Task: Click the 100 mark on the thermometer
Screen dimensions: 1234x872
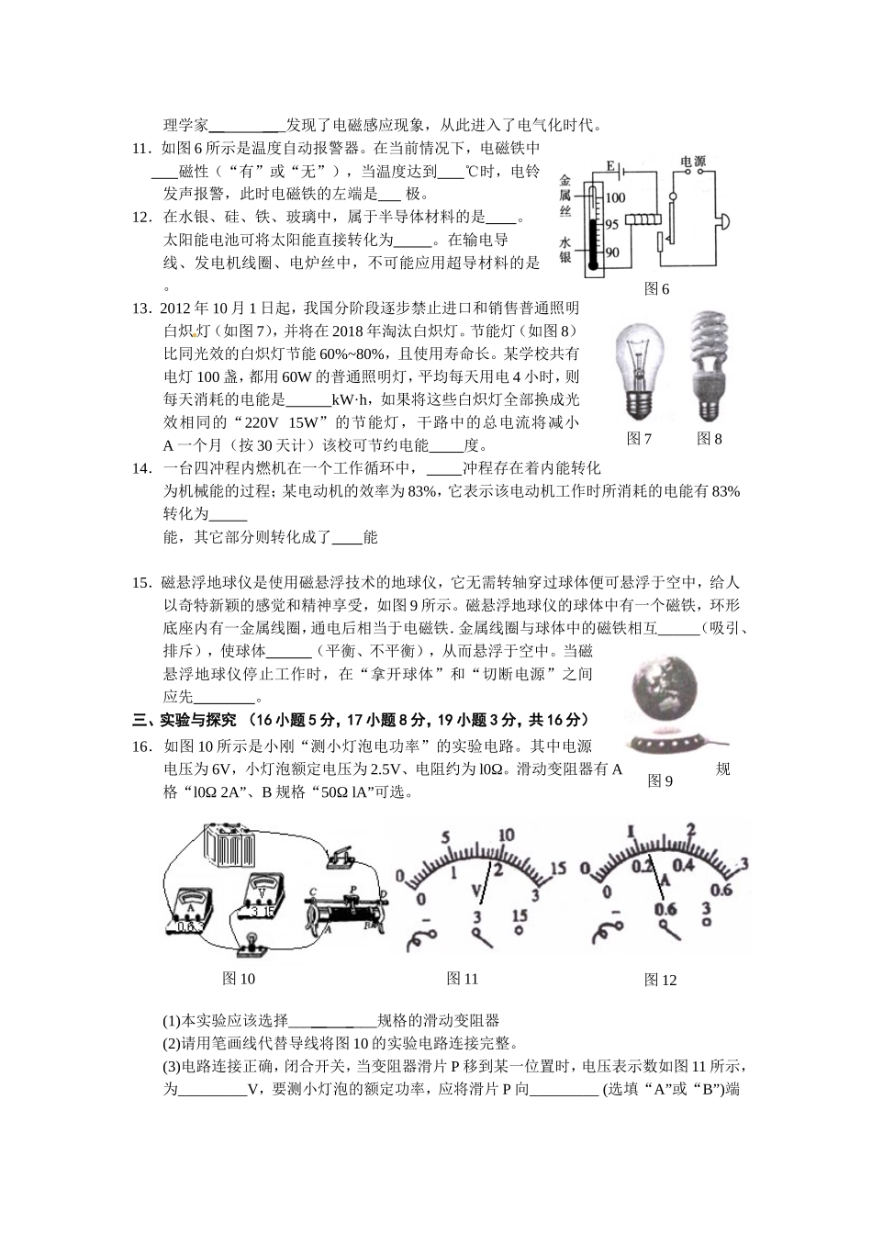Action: [x=614, y=197]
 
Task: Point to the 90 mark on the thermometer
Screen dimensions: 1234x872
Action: [x=612, y=252]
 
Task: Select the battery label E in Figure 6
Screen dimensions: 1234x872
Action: [x=609, y=166]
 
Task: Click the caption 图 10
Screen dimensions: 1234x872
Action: [x=239, y=979]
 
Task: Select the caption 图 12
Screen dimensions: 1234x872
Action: [x=660, y=981]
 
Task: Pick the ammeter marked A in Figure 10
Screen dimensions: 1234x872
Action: [x=190, y=909]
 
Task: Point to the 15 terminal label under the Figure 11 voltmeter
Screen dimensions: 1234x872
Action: [x=519, y=916]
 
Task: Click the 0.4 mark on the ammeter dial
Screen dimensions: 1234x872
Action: [x=683, y=865]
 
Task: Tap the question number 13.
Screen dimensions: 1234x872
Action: [x=142, y=308]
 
